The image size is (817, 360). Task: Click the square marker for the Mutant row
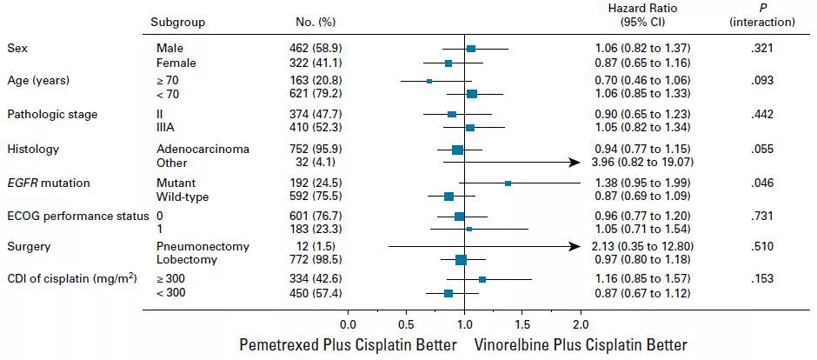[508, 183]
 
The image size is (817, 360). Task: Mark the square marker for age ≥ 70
[429, 81]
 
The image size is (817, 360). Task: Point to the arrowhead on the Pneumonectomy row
[575, 246]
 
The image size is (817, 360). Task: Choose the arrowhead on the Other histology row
[575, 163]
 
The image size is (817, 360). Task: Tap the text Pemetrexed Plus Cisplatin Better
[348, 344]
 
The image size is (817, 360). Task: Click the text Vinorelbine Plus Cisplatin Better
[580, 344]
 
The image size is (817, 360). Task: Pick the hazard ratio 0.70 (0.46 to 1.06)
[635, 80]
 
